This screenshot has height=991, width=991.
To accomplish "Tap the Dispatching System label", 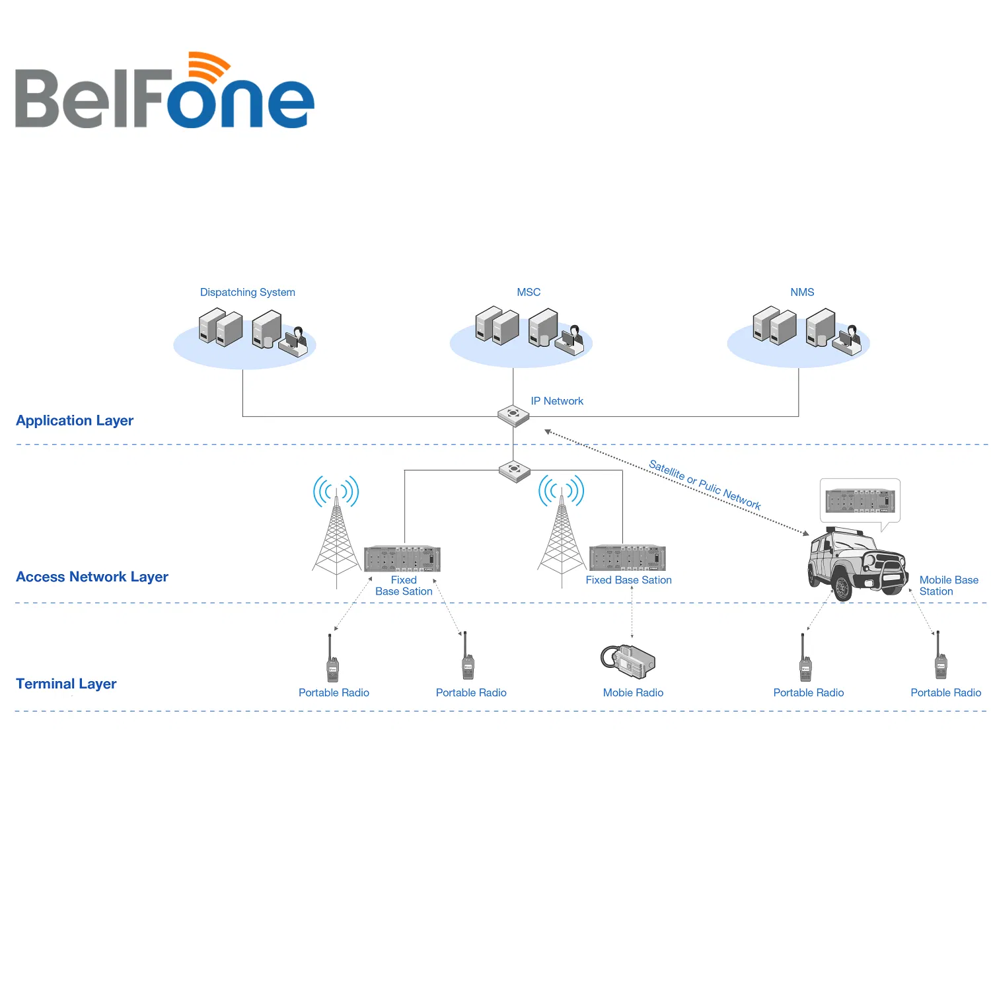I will pyautogui.click(x=248, y=292).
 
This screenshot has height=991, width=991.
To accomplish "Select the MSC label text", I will pyautogui.click(x=529, y=292).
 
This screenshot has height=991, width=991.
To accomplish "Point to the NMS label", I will pyautogui.click(x=802, y=292).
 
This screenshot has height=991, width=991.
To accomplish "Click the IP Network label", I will pyautogui.click(x=557, y=401).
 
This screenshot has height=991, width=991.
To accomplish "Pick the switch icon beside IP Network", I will pyautogui.click(x=513, y=416).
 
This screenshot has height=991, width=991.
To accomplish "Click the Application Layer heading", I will pyautogui.click(x=75, y=421).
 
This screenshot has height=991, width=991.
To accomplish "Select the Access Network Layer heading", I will pyautogui.click(x=92, y=577).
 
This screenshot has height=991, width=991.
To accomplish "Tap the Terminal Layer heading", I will pyautogui.click(x=66, y=684).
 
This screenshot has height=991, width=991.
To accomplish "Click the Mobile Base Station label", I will pyautogui.click(x=949, y=585).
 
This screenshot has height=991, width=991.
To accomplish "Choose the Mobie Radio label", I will pyautogui.click(x=633, y=692).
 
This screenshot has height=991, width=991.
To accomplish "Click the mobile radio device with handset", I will pyautogui.click(x=628, y=661).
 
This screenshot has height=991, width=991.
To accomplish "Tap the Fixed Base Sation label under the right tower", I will pyautogui.click(x=628, y=580).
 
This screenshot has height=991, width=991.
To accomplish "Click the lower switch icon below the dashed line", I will pyautogui.click(x=515, y=471).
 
